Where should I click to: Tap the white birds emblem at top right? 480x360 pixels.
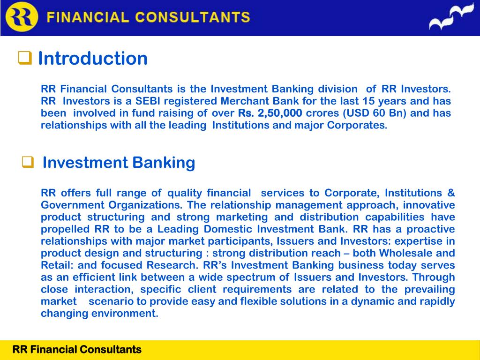(x=451, y=18)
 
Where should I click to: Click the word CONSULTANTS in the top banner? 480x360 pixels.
(x=193, y=18)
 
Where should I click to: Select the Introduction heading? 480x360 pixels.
(x=92, y=59)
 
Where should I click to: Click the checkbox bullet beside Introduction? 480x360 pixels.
(x=24, y=58)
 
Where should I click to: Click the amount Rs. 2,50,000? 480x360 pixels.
(x=270, y=113)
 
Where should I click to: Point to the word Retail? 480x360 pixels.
(x=54, y=265)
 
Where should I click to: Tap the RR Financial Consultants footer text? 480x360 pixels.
(x=76, y=349)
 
